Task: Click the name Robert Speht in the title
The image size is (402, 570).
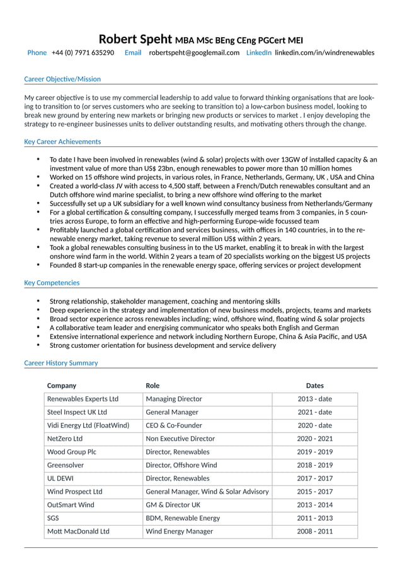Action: [135, 39]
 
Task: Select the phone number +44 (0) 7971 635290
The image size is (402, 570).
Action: [83, 53]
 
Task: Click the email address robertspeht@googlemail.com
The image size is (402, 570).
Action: [194, 53]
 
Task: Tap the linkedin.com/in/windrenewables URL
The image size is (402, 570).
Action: [324, 53]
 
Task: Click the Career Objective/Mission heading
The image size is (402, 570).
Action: [62, 79]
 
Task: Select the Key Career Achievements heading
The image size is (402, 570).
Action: [62, 141]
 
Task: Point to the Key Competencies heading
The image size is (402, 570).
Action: [52, 282]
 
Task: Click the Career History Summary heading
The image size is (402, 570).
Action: [61, 363]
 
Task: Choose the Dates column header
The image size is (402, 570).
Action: [314, 386]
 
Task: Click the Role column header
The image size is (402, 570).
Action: [152, 386]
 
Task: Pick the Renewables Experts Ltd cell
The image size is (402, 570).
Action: [83, 399]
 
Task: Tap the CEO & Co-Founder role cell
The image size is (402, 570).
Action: [174, 425]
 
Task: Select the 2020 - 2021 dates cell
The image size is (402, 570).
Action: [314, 439]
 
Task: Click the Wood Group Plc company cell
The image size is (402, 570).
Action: [72, 452]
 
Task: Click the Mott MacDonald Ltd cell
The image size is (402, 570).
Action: [78, 531]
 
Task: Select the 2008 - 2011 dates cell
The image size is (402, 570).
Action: [314, 531]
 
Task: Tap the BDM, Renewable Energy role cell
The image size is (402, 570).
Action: [183, 518]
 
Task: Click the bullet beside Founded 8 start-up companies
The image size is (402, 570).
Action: [38, 266]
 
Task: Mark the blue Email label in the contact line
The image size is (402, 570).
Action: [133, 53]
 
